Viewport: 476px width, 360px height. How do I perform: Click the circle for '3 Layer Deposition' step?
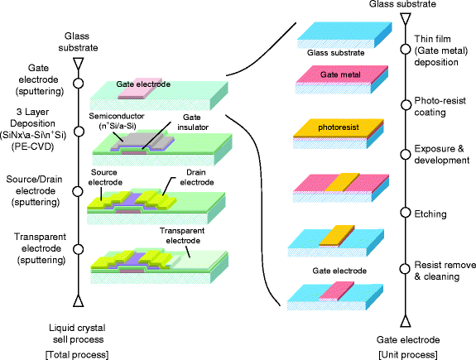click(x=76, y=131)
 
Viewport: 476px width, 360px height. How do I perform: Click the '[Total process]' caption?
click(x=78, y=353)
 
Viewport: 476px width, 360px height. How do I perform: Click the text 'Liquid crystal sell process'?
click(x=78, y=334)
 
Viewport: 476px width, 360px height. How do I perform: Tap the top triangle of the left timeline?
click(x=76, y=61)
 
